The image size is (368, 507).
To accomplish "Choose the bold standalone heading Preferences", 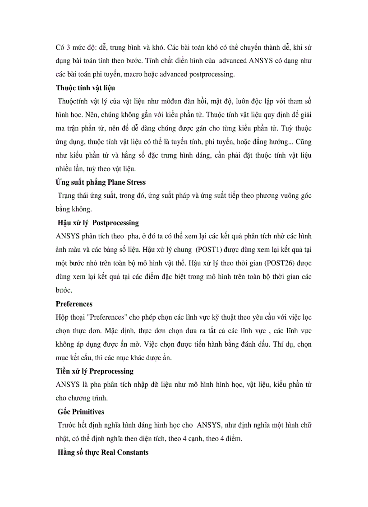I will click(x=74, y=304).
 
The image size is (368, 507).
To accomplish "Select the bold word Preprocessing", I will click(x=111, y=371).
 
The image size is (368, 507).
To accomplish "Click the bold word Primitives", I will click(x=89, y=412).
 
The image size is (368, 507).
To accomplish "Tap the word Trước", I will click(x=68, y=425).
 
